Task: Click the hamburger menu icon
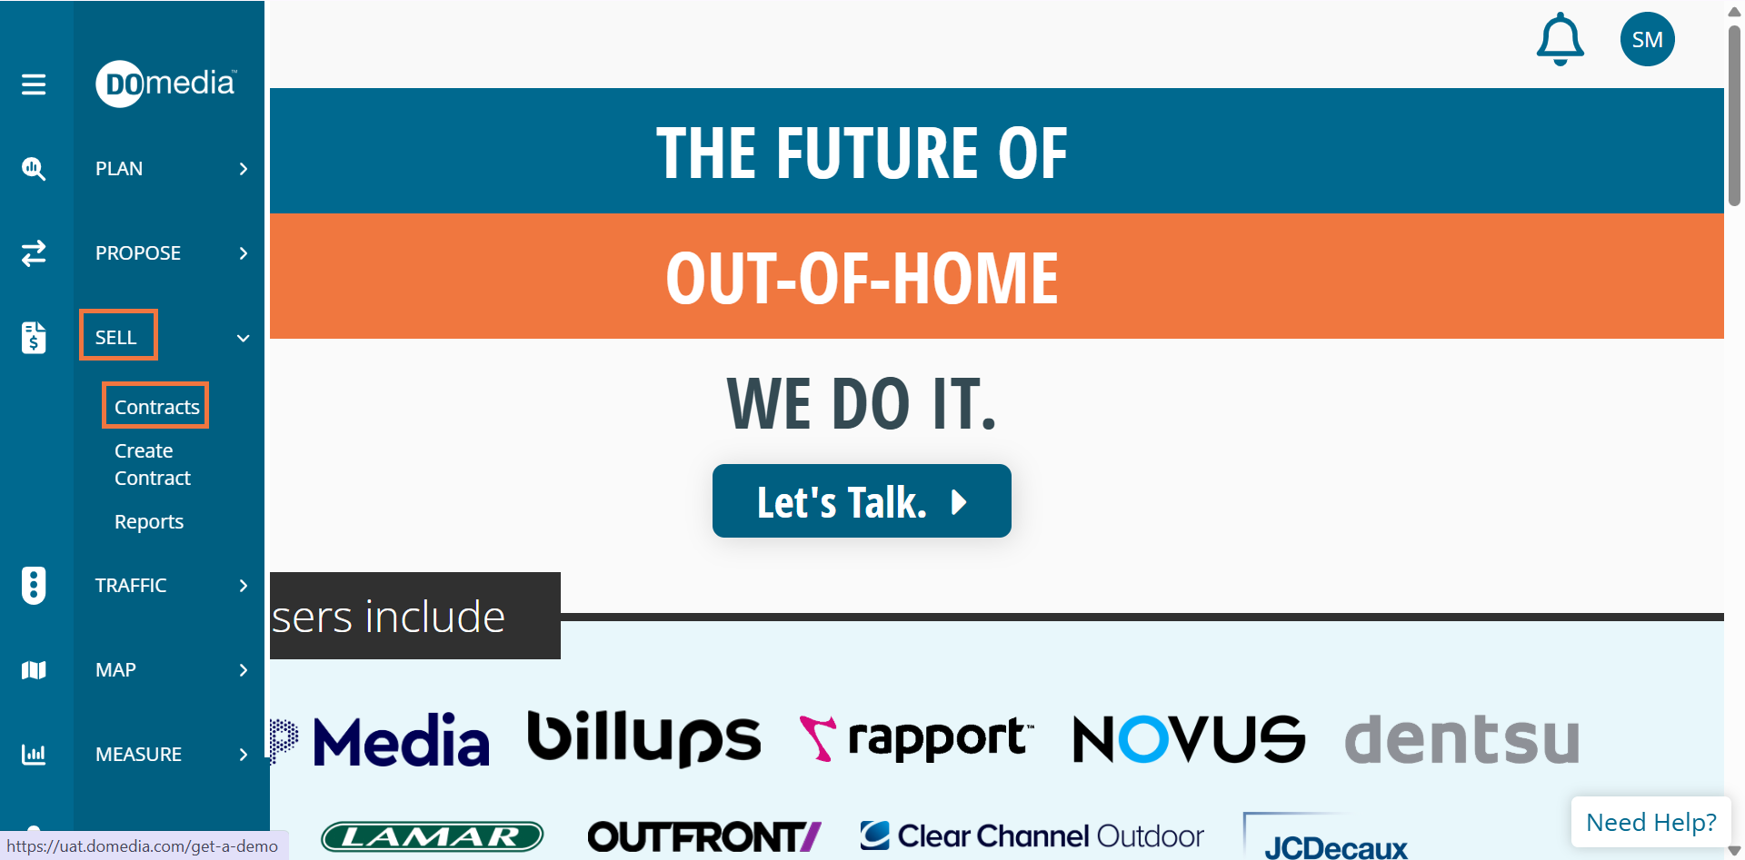pyautogui.click(x=34, y=84)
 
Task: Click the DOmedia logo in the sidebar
pyautogui.click(x=165, y=84)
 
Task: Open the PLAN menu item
pyautogui.click(x=119, y=169)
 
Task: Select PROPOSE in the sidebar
pyautogui.click(x=138, y=253)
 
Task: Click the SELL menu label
pyautogui.click(x=116, y=338)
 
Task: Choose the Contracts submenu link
pyautogui.click(x=156, y=407)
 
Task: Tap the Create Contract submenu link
pyautogui.click(x=153, y=464)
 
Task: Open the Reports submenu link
pyautogui.click(x=149, y=521)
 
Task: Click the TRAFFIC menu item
pyautogui.click(x=131, y=586)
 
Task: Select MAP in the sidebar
pyautogui.click(x=115, y=670)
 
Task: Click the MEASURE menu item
pyautogui.click(x=138, y=755)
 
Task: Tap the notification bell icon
pyautogui.click(x=1560, y=39)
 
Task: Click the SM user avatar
pyautogui.click(x=1647, y=39)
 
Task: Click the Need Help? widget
pyautogui.click(x=1650, y=822)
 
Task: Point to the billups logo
pyautogui.click(x=643, y=738)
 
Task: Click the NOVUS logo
pyautogui.click(x=1189, y=738)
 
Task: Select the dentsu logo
pyautogui.click(x=1461, y=738)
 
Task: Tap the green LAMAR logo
pyautogui.click(x=433, y=836)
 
